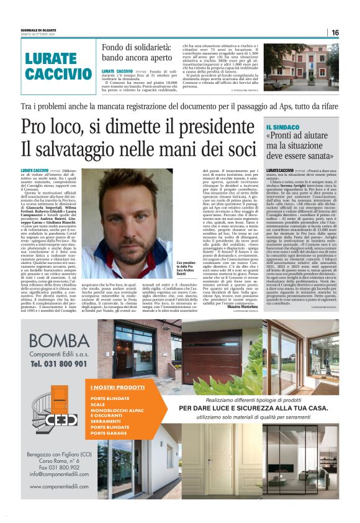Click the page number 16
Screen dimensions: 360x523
coord(335,32)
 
